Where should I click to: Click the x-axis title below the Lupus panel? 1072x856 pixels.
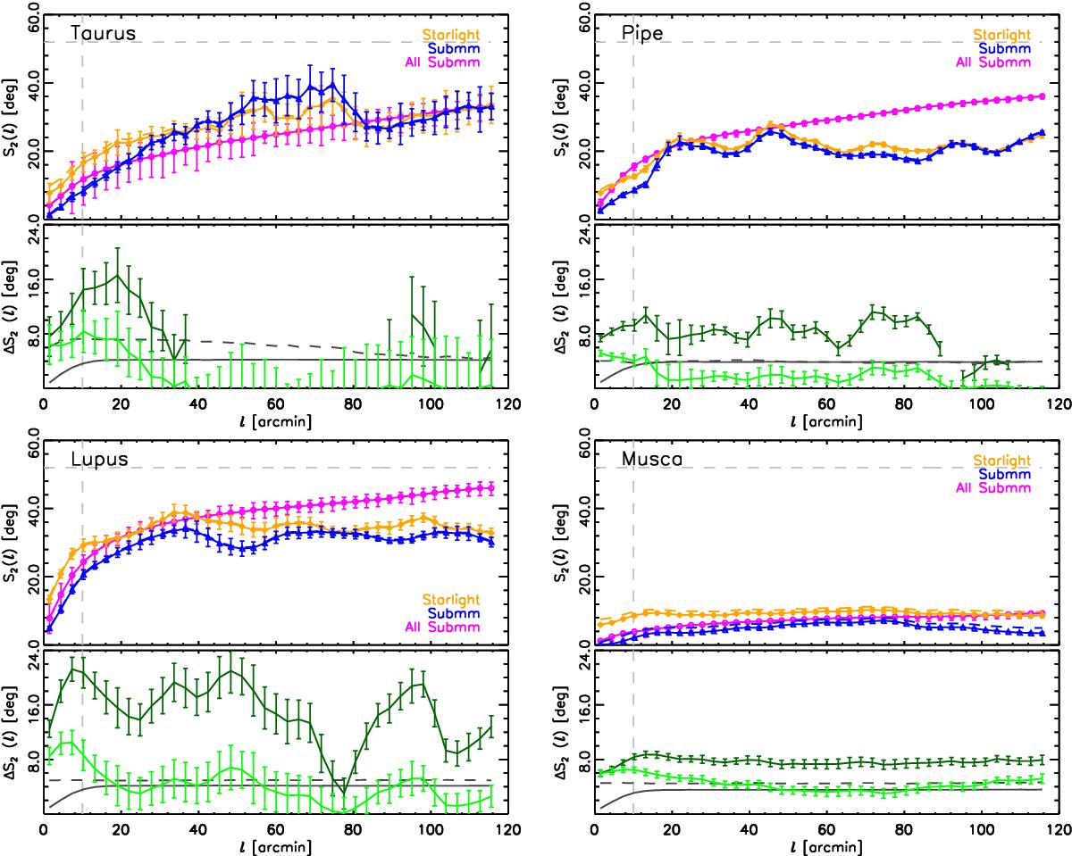click(267, 844)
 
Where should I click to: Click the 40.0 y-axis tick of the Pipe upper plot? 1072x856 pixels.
click(582, 83)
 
